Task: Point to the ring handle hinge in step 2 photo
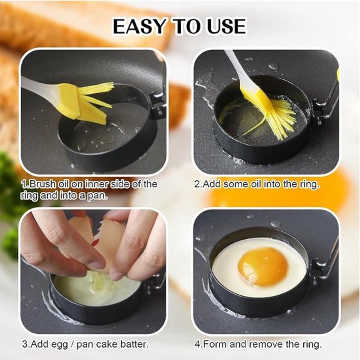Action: pos(320,110)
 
